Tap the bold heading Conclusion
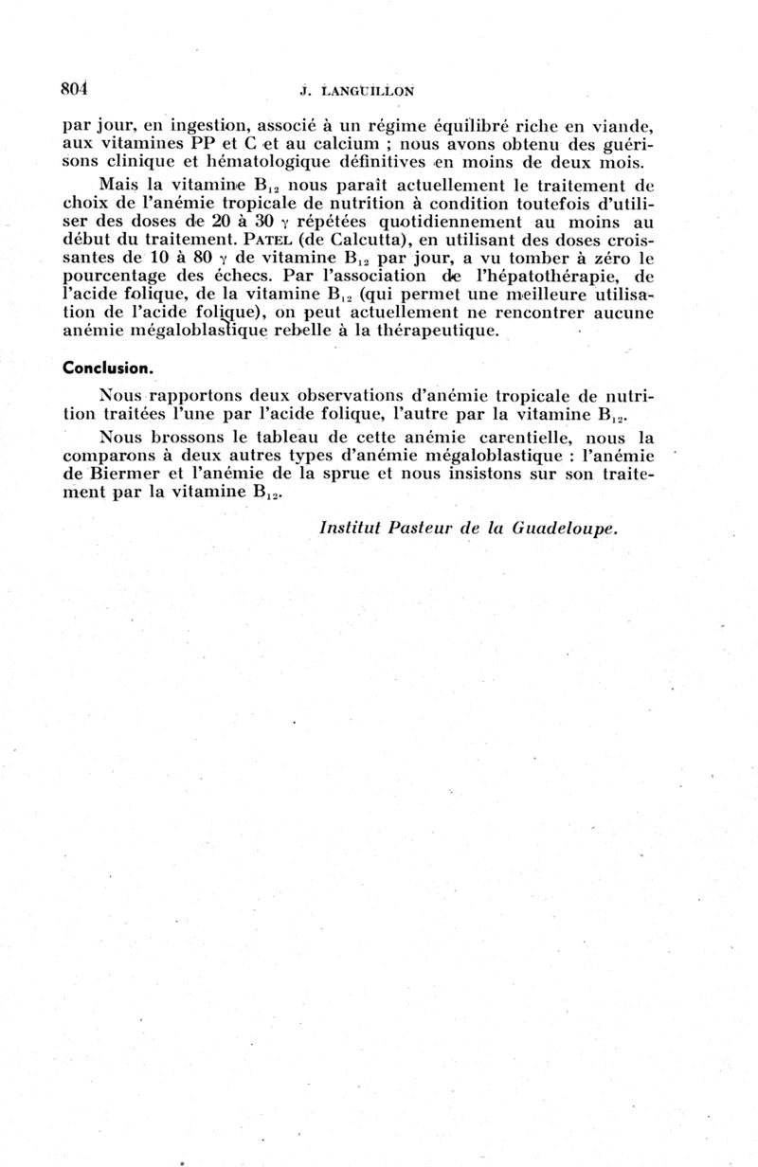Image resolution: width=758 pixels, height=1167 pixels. [109, 368]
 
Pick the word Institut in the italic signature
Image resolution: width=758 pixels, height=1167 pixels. [352, 528]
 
